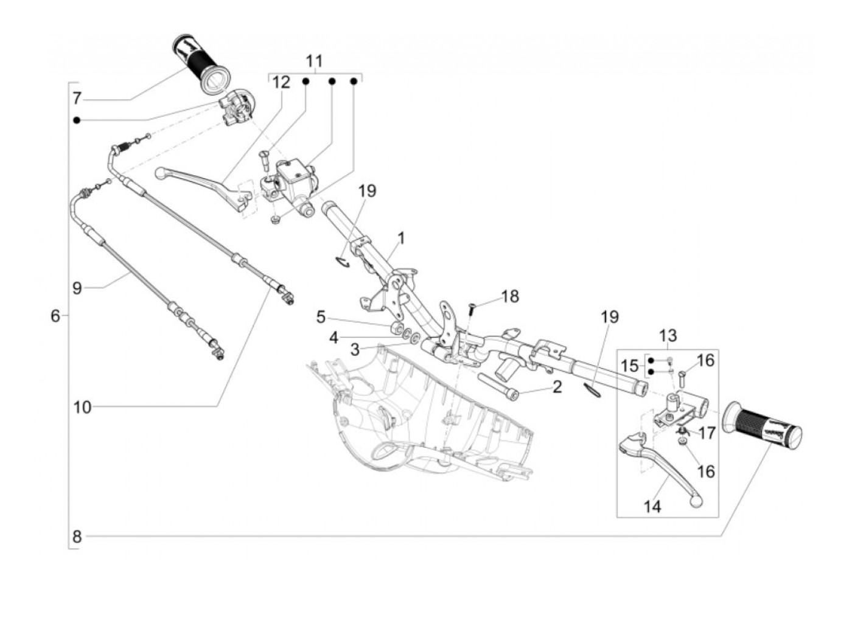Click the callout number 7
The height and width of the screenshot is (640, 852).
[77, 98]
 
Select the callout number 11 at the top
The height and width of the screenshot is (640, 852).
[314, 61]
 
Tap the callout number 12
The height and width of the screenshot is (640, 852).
[281, 82]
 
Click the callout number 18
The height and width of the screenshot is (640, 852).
[510, 296]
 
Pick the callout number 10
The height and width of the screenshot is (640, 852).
[82, 407]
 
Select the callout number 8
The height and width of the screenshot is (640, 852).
[77, 537]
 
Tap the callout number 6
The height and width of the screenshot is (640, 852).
[55, 316]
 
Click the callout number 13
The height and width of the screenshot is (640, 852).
[668, 335]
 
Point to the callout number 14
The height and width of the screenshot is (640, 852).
[652, 506]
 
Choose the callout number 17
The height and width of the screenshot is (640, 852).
[707, 433]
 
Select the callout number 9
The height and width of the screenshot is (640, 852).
[77, 288]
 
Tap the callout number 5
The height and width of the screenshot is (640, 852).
[321, 317]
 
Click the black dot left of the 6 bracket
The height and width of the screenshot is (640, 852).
[77, 120]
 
